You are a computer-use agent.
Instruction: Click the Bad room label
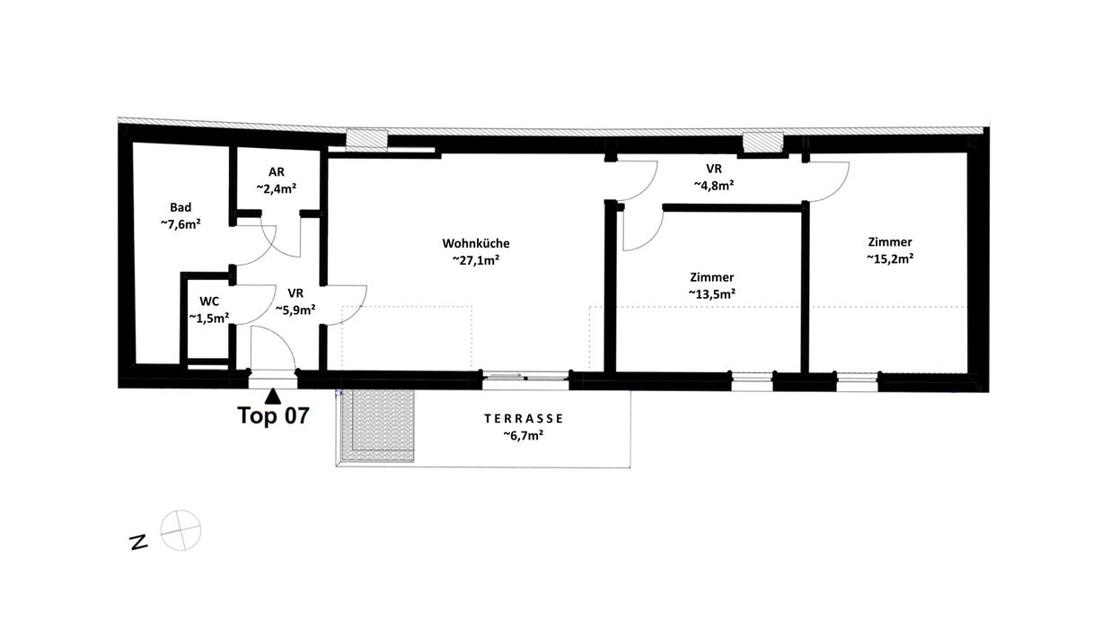coord(181,207)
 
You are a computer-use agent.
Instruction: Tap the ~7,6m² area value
coord(181,224)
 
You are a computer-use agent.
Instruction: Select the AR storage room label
coord(277,171)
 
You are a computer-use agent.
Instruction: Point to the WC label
coord(209,301)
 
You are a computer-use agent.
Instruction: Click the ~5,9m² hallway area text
coord(295,310)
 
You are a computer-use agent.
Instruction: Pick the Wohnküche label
coord(476,243)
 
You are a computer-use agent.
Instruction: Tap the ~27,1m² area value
coord(476,260)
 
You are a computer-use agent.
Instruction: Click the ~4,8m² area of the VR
coord(714,185)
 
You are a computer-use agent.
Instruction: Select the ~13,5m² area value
coord(712,294)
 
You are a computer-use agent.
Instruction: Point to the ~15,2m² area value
coord(890,258)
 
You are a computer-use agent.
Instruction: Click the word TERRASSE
coord(524,419)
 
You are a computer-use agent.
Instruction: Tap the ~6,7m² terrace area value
coord(524,435)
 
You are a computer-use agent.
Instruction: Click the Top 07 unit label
coord(274,415)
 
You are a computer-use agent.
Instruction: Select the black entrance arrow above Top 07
coord(273,397)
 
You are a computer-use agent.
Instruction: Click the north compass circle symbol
coord(181,530)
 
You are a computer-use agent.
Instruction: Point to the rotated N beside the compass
coord(138,543)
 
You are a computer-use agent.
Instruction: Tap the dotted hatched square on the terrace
coord(376,425)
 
